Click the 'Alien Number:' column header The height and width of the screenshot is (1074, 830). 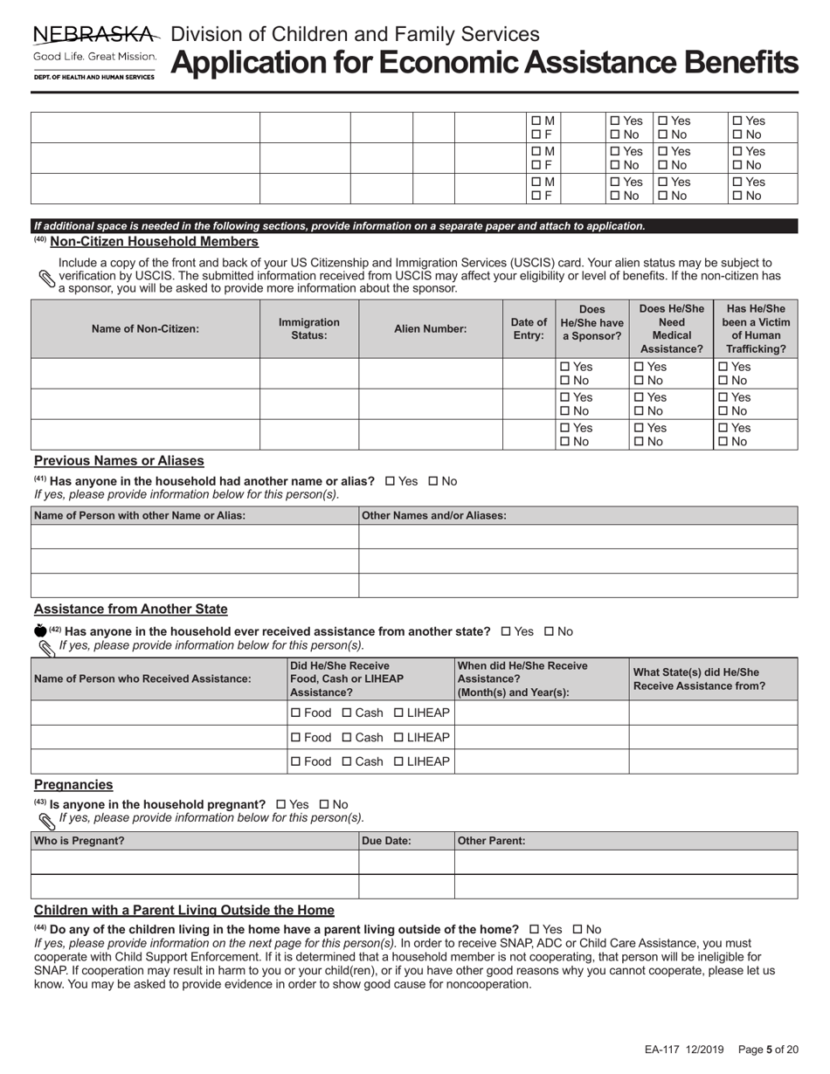pyautogui.click(x=430, y=329)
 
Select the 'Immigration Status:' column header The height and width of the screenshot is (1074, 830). pyautogui.click(x=309, y=329)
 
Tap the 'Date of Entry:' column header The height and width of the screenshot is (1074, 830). pyautogui.click(x=529, y=329)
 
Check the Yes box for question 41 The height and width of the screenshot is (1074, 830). pyautogui.click(x=390, y=481)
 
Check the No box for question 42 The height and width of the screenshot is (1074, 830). pyautogui.click(x=550, y=631)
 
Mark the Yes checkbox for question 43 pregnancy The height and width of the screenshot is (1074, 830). pyautogui.click(x=281, y=804)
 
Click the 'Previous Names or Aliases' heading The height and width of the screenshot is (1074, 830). pyautogui.click(x=119, y=460)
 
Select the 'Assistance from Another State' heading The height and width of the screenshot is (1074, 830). pyautogui.click(x=130, y=609)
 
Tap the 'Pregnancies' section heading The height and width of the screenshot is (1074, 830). pyautogui.click(x=73, y=784)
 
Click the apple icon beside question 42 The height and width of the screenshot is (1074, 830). pyautogui.click(x=39, y=630)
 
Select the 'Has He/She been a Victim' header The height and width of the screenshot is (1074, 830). pyautogui.click(x=756, y=329)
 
